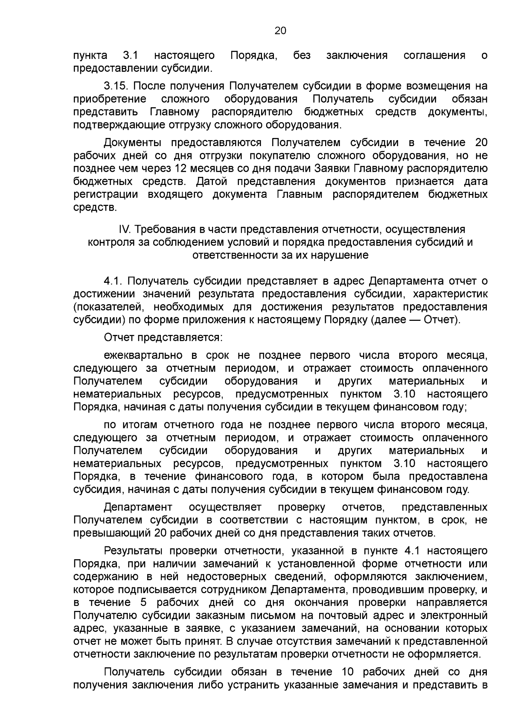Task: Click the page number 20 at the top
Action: (x=280, y=30)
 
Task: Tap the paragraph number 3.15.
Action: (x=116, y=86)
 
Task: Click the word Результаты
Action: (x=134, y=551)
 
